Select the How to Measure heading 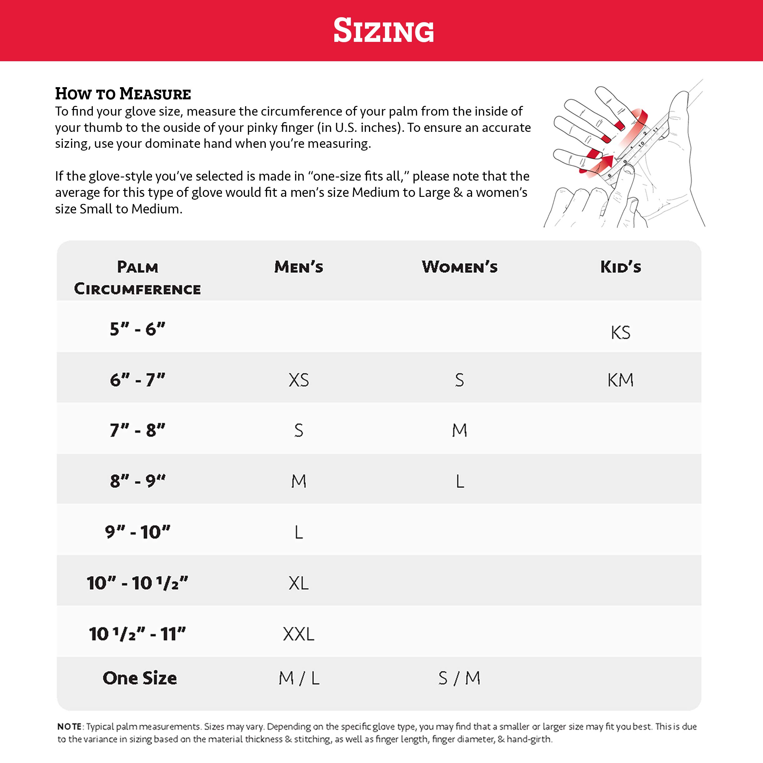click(123, 94)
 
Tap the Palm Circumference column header click(137, 278)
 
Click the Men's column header click(299, 267)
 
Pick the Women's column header click(459, 267)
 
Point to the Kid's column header click(621, 267)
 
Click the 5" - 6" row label click(137, 329)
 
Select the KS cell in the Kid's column click(621, 332)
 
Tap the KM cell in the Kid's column click(621, 380)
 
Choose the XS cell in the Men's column click(299, 380)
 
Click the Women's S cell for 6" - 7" click(459, 380)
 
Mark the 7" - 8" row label click(137, 430)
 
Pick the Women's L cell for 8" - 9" click(460, 481)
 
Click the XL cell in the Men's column click(299, 583)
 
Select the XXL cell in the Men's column click(299, 634)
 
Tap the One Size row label click(139, 678)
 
